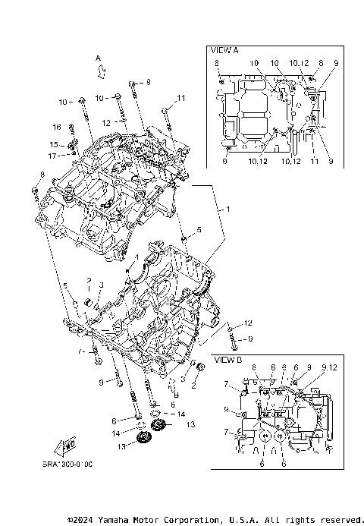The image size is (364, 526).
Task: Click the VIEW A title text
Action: pos(225,50)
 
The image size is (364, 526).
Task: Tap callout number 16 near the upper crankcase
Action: pos(56,127)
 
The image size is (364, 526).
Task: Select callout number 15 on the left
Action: pos(55,144)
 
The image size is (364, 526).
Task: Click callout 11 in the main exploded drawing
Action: pos(180,98)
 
